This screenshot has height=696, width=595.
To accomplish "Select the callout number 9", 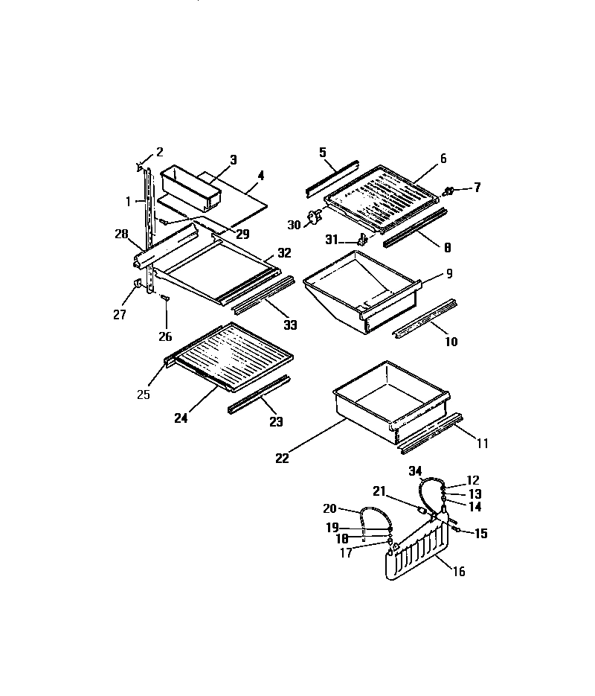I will [448, 274].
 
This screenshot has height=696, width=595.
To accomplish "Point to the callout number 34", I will [415, 470].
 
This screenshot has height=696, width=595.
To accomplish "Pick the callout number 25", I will [144, 395].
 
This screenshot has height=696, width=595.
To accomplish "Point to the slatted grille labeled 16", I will [416, 555].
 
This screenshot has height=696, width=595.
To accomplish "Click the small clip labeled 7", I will [449, 191].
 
